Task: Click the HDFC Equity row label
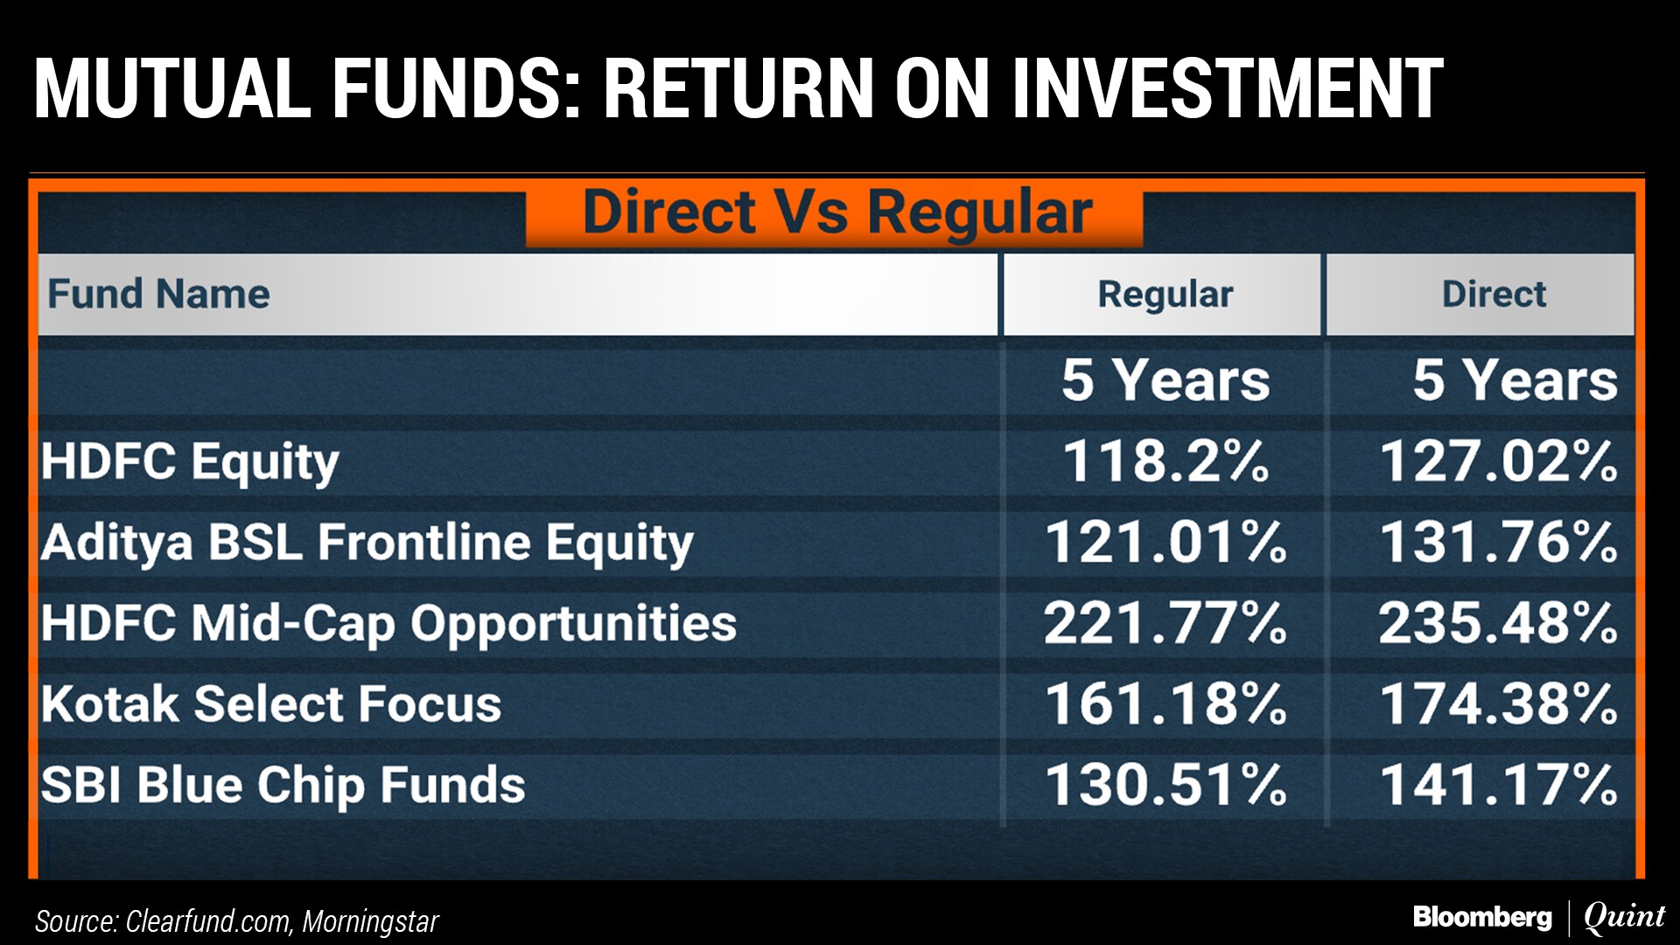[x=190, y=463]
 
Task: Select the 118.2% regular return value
[x=1165, y=461]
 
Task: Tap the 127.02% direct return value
[x=1499, y=461]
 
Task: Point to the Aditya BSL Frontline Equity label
[x=367, y=543]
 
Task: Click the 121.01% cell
[x=1165, y=542]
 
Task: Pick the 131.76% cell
[x=1499, y=542]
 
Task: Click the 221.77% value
[x=1165, y=623]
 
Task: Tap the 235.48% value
[x=1499, y=623]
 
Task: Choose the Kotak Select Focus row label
[x=271, y=703]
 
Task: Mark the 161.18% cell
[x=1165, y=703]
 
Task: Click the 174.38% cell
[x=1499, y=703]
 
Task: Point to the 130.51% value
[x=1165, y=784]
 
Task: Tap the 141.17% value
[x=1499, y=784]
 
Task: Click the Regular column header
[x=1165, y=295]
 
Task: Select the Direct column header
[x=1494, y=294]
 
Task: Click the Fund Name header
[x=158, y=294]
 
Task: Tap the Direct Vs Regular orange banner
[x=835, y=215]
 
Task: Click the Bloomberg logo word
[x=1482, y=917]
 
